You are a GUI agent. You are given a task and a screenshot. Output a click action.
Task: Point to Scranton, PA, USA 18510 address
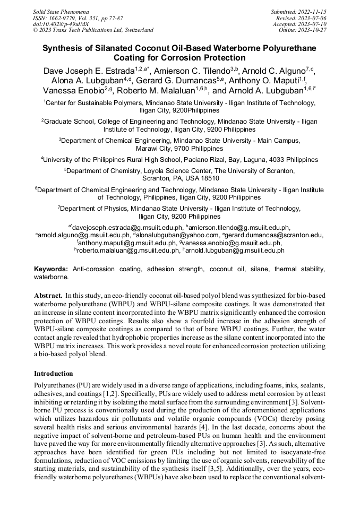click(x=179, y=178)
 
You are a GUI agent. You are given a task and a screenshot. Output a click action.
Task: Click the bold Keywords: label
click(x=51, y=270)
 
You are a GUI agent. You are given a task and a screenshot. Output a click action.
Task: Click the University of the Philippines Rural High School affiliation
click(x=133, y=159)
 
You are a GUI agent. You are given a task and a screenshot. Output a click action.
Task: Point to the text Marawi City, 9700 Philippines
click(x=179, y=149)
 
